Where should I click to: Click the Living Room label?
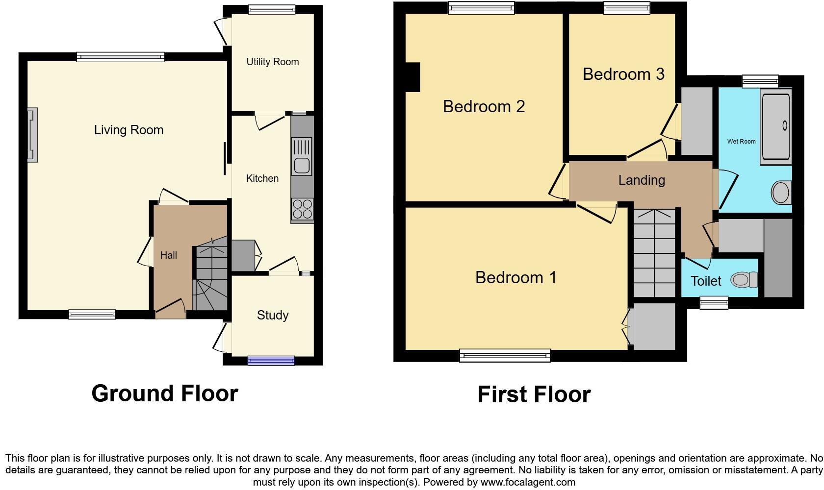point(129,130)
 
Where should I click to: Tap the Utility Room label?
point(272,62)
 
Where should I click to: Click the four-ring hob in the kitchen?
point(302,209)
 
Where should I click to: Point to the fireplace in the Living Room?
point(32,135)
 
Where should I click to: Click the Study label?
point(273,315)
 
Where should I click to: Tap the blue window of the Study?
point(271,361)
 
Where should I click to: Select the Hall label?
point(168,255)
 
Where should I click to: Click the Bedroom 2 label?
point(484,106)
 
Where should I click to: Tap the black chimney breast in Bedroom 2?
point(412,77)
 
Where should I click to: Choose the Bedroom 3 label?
point(623,74)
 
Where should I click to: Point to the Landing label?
point(642,180)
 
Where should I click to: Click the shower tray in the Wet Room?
point(776,126)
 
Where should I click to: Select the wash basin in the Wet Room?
point(781,193)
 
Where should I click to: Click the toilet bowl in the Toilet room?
point(743,280)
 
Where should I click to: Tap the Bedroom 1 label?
point(515,277)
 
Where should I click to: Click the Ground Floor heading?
point(165,393)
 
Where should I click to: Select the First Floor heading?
point(534,394)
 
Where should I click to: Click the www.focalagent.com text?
point(527,482)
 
